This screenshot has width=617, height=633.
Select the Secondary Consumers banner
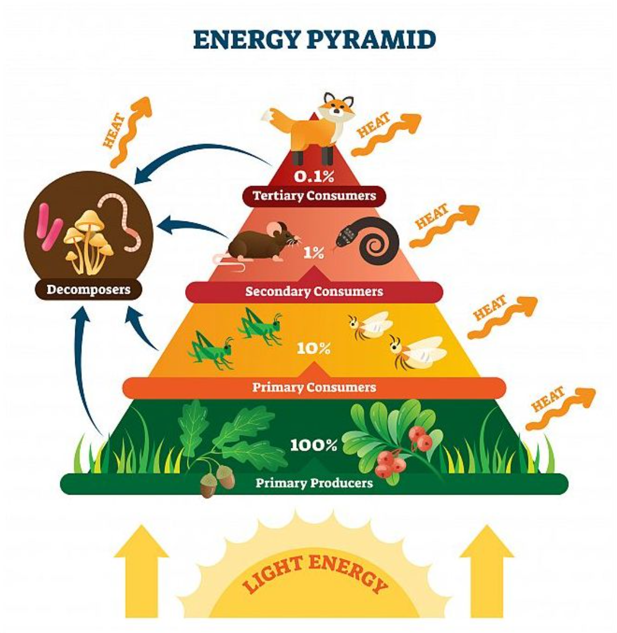point(314,291)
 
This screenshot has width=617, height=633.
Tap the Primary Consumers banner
point(314,387)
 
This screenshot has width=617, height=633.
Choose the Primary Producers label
point(314,483)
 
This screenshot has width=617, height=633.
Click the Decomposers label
point(88,289)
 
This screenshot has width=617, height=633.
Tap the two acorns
point(217,480)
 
